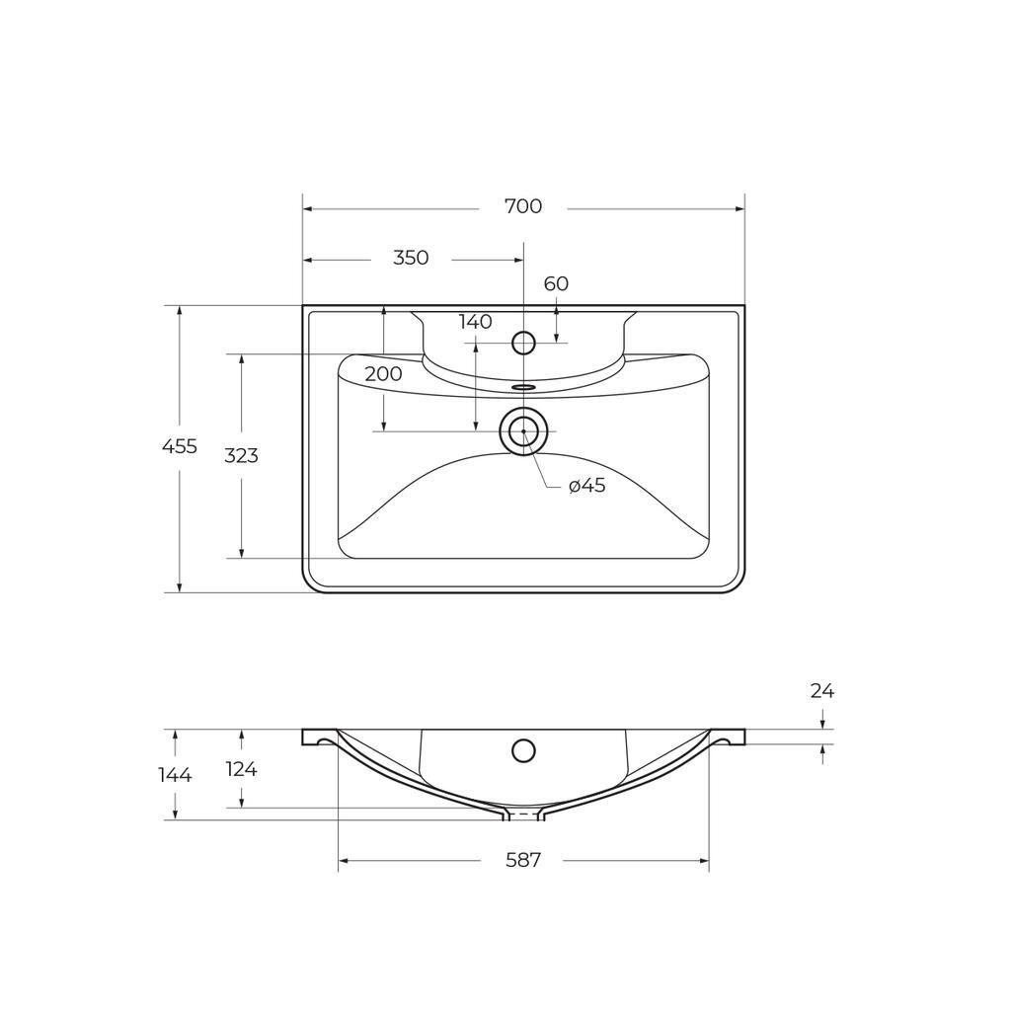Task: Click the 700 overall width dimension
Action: click(x=523, y=206)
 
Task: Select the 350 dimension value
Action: click(x=411, y=258)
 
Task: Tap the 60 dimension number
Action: click(x=556, y=283)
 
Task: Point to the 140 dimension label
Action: click(x=476, y=322)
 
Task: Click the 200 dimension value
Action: click(x=383, y=374)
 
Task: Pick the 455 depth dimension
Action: click(x=180, y=446)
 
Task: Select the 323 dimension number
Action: click(x=241, y=456)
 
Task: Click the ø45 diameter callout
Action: click(x=587, y=486)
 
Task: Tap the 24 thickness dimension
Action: click(x=822, y=691)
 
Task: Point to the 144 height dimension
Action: click(x=176, y=775)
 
